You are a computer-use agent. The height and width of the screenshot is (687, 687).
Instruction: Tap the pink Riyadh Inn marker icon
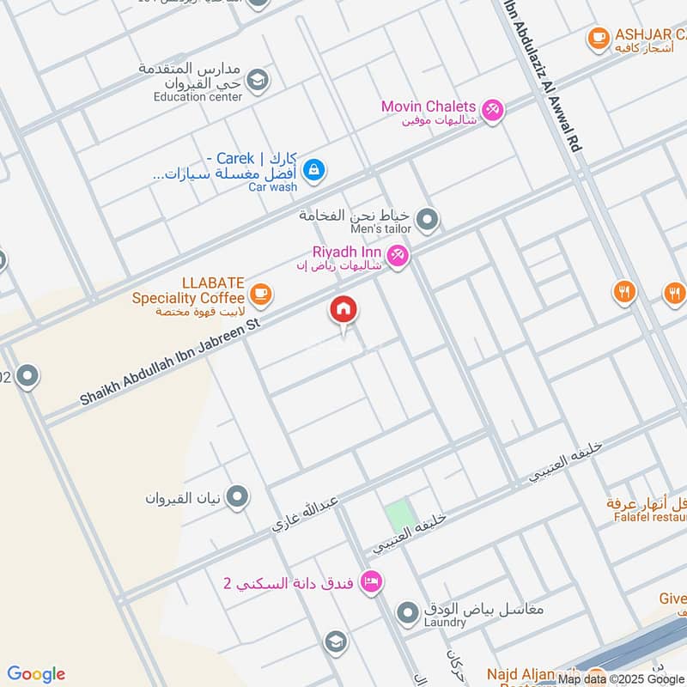coord(397,255)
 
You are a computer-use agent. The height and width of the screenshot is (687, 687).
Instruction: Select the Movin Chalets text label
coord(429,107)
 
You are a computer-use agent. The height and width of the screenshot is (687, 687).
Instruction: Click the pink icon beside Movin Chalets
coord(492,109)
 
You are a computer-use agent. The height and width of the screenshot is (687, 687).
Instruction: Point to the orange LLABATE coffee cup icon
coord(262,296)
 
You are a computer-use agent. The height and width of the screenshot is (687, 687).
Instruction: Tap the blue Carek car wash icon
coord(314,168)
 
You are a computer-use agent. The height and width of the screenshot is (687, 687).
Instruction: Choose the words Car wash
coord(272,186)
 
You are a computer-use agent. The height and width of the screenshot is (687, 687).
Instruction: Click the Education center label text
coord(198,97)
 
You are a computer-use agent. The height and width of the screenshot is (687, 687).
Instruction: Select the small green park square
coord(397,516)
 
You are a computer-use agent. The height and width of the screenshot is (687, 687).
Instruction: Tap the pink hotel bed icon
coord(371,582)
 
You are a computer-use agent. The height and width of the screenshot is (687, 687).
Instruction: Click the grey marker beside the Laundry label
coord(407,611)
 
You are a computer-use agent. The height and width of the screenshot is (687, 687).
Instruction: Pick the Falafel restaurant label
coord(650,517)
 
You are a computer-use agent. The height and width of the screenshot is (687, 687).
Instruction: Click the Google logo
coord(36,674)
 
